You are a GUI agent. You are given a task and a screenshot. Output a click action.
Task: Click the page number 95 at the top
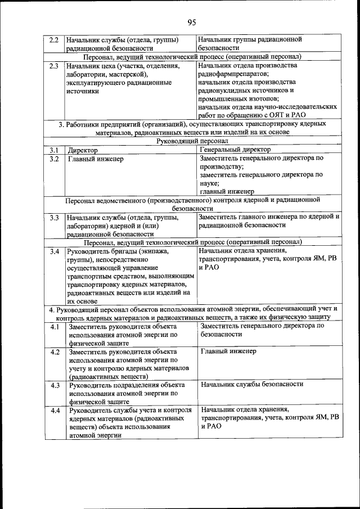[191, 22]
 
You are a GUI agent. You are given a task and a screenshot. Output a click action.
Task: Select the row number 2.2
[54, 40]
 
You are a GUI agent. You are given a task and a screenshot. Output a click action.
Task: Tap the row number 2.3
[54, 66]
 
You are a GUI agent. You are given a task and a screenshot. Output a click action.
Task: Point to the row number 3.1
[54, 150]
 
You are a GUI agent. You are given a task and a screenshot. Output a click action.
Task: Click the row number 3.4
[54, 251]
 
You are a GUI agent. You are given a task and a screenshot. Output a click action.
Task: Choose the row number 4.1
[55, 327]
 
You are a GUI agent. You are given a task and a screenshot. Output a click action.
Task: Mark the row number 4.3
[55, 385]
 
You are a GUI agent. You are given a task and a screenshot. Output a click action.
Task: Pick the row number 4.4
[55, 411]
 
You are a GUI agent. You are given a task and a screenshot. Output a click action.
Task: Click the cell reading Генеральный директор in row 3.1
[235, 150]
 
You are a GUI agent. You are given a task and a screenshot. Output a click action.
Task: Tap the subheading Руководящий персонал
[192, 141]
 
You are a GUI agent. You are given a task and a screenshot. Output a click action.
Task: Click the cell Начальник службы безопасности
[251, 384]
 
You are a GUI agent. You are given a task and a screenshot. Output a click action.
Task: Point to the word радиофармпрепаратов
[233, 74]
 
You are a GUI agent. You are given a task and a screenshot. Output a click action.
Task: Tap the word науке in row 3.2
[209, 183]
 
